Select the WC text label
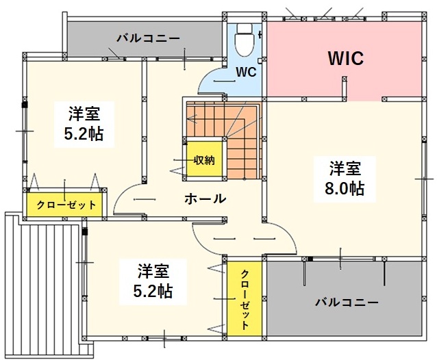247,72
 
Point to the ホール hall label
205,199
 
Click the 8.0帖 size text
344,188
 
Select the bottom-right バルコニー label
347,302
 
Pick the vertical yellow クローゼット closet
245,299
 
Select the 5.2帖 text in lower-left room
153,290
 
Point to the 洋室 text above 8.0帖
344,168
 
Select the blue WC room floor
247,82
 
